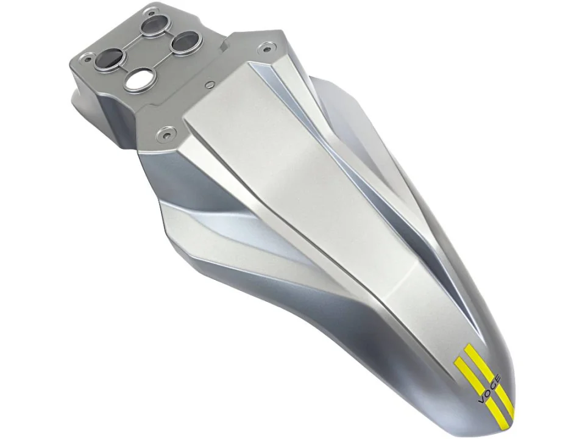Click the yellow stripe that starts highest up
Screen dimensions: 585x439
489,377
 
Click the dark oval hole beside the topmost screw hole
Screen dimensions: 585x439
154,26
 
